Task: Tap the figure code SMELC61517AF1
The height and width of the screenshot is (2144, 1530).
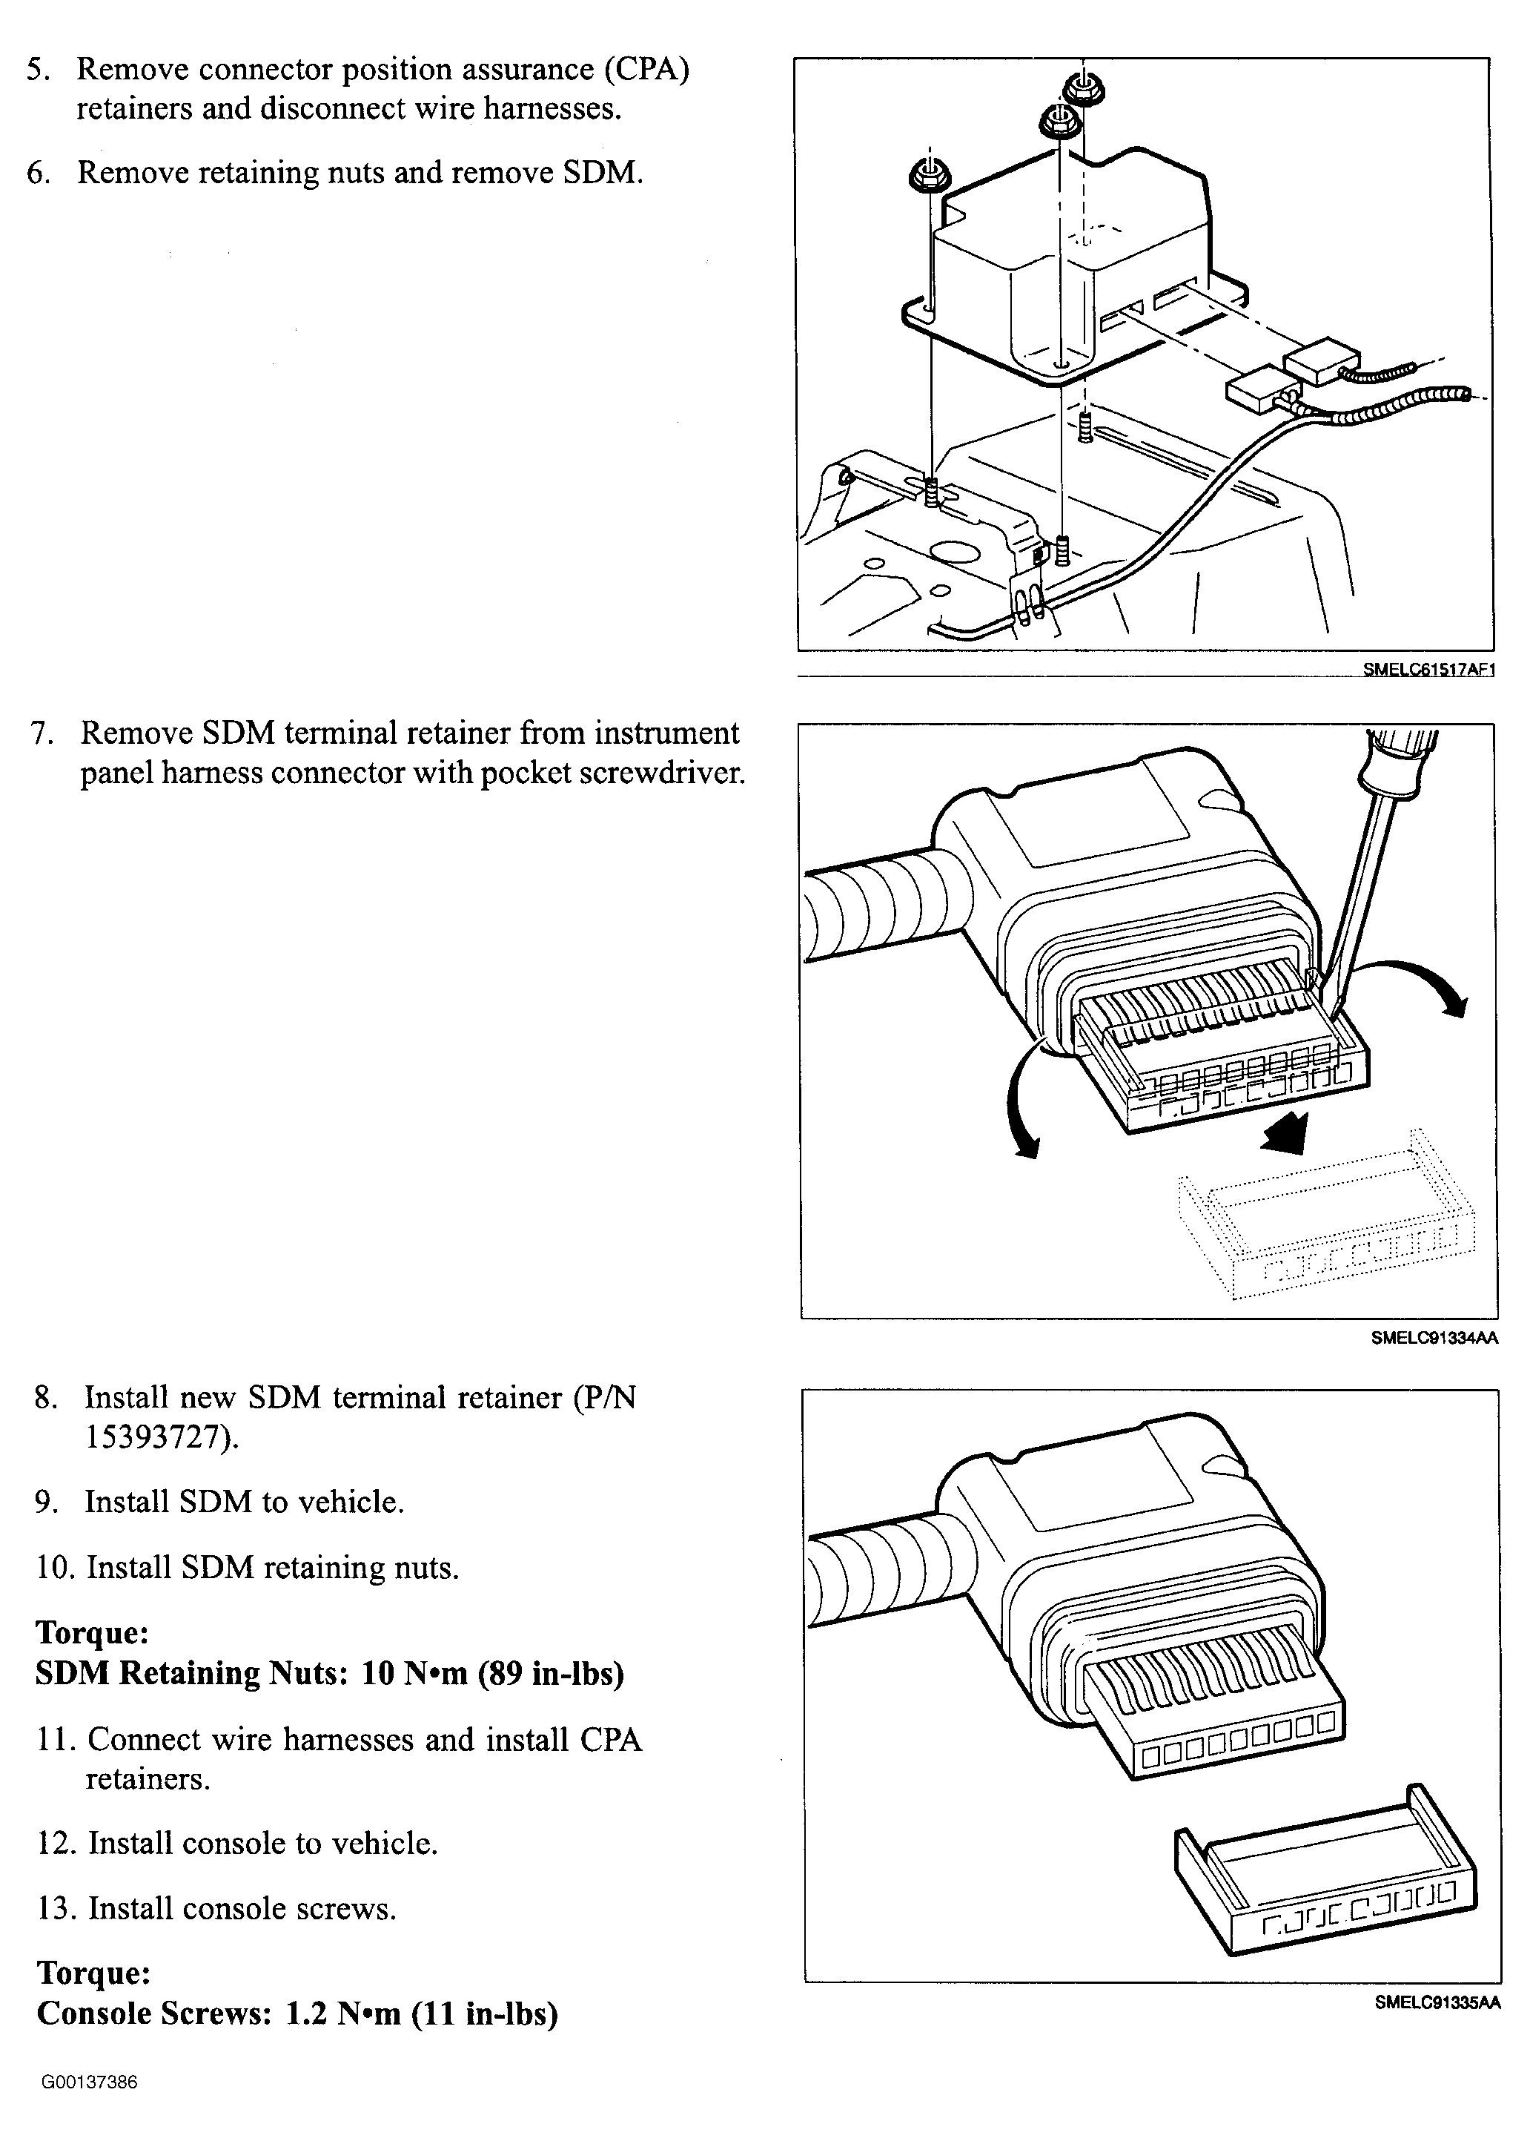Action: coord(1428,670)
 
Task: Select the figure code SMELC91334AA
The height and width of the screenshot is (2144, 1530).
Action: coord(1434,1336)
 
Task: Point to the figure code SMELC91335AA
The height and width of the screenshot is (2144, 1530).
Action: coord(1436,2028)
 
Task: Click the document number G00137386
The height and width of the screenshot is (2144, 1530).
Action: coord(90,2082)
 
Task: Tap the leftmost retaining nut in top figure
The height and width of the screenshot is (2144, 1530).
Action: coord(929,174)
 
